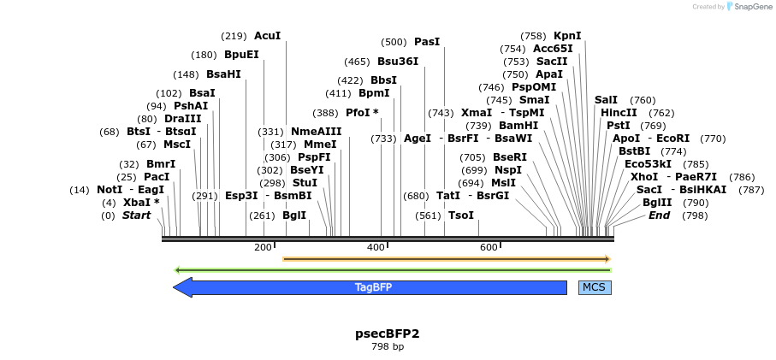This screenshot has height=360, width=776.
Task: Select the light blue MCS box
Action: [x=595, y=287]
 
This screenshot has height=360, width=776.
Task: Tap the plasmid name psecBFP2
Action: [x=387, y=333]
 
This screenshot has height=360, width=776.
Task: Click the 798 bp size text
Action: [x=387, y=347]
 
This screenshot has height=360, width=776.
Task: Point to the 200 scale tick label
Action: [x=263, y=248]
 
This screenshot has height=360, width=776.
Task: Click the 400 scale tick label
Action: [x=376, y=248]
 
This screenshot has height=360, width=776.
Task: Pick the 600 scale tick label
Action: [x=489, y=248]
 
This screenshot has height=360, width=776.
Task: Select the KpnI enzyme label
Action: [x=567, y=36]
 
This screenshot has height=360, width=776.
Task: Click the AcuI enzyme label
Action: [x=267, y=36]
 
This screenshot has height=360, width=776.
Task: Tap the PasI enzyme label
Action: [x=427, y=42]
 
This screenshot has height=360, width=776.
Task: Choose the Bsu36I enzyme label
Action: [x=398, y=62]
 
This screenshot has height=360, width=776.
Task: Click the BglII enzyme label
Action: [x=659, y=203]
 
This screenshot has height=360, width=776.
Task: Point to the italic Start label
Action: [x=136, y=215]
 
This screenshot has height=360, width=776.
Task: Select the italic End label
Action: [x=659, y=215]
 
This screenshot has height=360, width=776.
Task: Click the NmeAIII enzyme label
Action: [x=316, y=132]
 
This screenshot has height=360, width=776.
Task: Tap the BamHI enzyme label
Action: [x=518, y=126]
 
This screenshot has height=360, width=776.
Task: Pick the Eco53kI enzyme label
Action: [x=648, y=164]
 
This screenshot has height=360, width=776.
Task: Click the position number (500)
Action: [x=394, y=42]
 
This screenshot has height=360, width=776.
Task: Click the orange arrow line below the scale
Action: [x=445, y=258]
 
